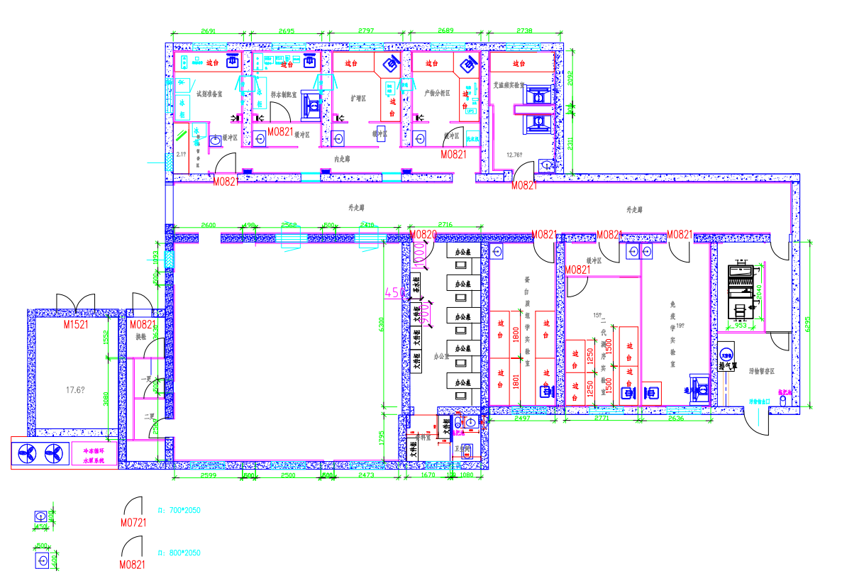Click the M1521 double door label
[x=75, y=325]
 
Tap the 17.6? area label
[x=75, y=389]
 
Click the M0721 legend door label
[x=133, y=524]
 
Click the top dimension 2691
[x=209, y=31]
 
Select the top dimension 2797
[x=365, y=31]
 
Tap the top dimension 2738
[x=524, y=31]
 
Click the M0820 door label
[x=423, y=234]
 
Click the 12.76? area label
[x=514, y=154]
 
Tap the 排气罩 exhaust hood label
[x=726, y=366]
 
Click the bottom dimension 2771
[x=602, y=419]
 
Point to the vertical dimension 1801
[x=516, y=380]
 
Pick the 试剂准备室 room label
[x=209, y=93]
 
